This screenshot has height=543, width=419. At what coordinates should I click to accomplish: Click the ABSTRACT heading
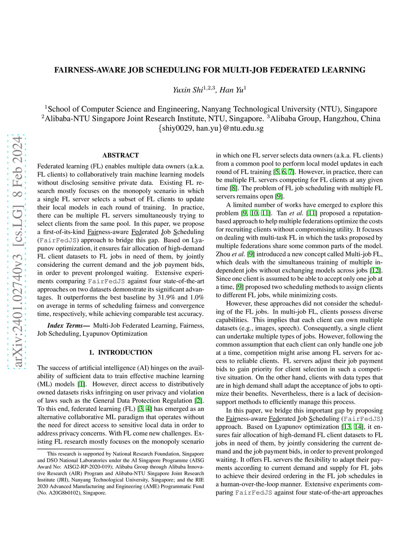click(120, 155)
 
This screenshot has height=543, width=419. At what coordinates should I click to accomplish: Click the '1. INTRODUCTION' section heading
click(120, 352)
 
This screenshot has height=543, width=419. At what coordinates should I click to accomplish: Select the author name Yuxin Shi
click(188, 90)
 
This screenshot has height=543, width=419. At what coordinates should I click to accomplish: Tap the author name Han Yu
click(232, 90)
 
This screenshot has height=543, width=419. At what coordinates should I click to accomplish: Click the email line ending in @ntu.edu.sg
click(211, 128)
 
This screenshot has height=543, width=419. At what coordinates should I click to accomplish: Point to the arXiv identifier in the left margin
click(17, 252)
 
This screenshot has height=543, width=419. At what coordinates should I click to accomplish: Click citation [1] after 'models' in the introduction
click(82, 384)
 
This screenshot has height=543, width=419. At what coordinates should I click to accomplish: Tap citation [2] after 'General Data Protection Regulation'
click(198, 401)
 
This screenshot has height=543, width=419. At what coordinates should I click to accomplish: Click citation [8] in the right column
click(233, 188)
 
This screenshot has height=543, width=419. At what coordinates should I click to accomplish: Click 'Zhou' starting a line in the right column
click(223, 254)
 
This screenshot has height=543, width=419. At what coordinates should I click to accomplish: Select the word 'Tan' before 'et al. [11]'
click(282, 213)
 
